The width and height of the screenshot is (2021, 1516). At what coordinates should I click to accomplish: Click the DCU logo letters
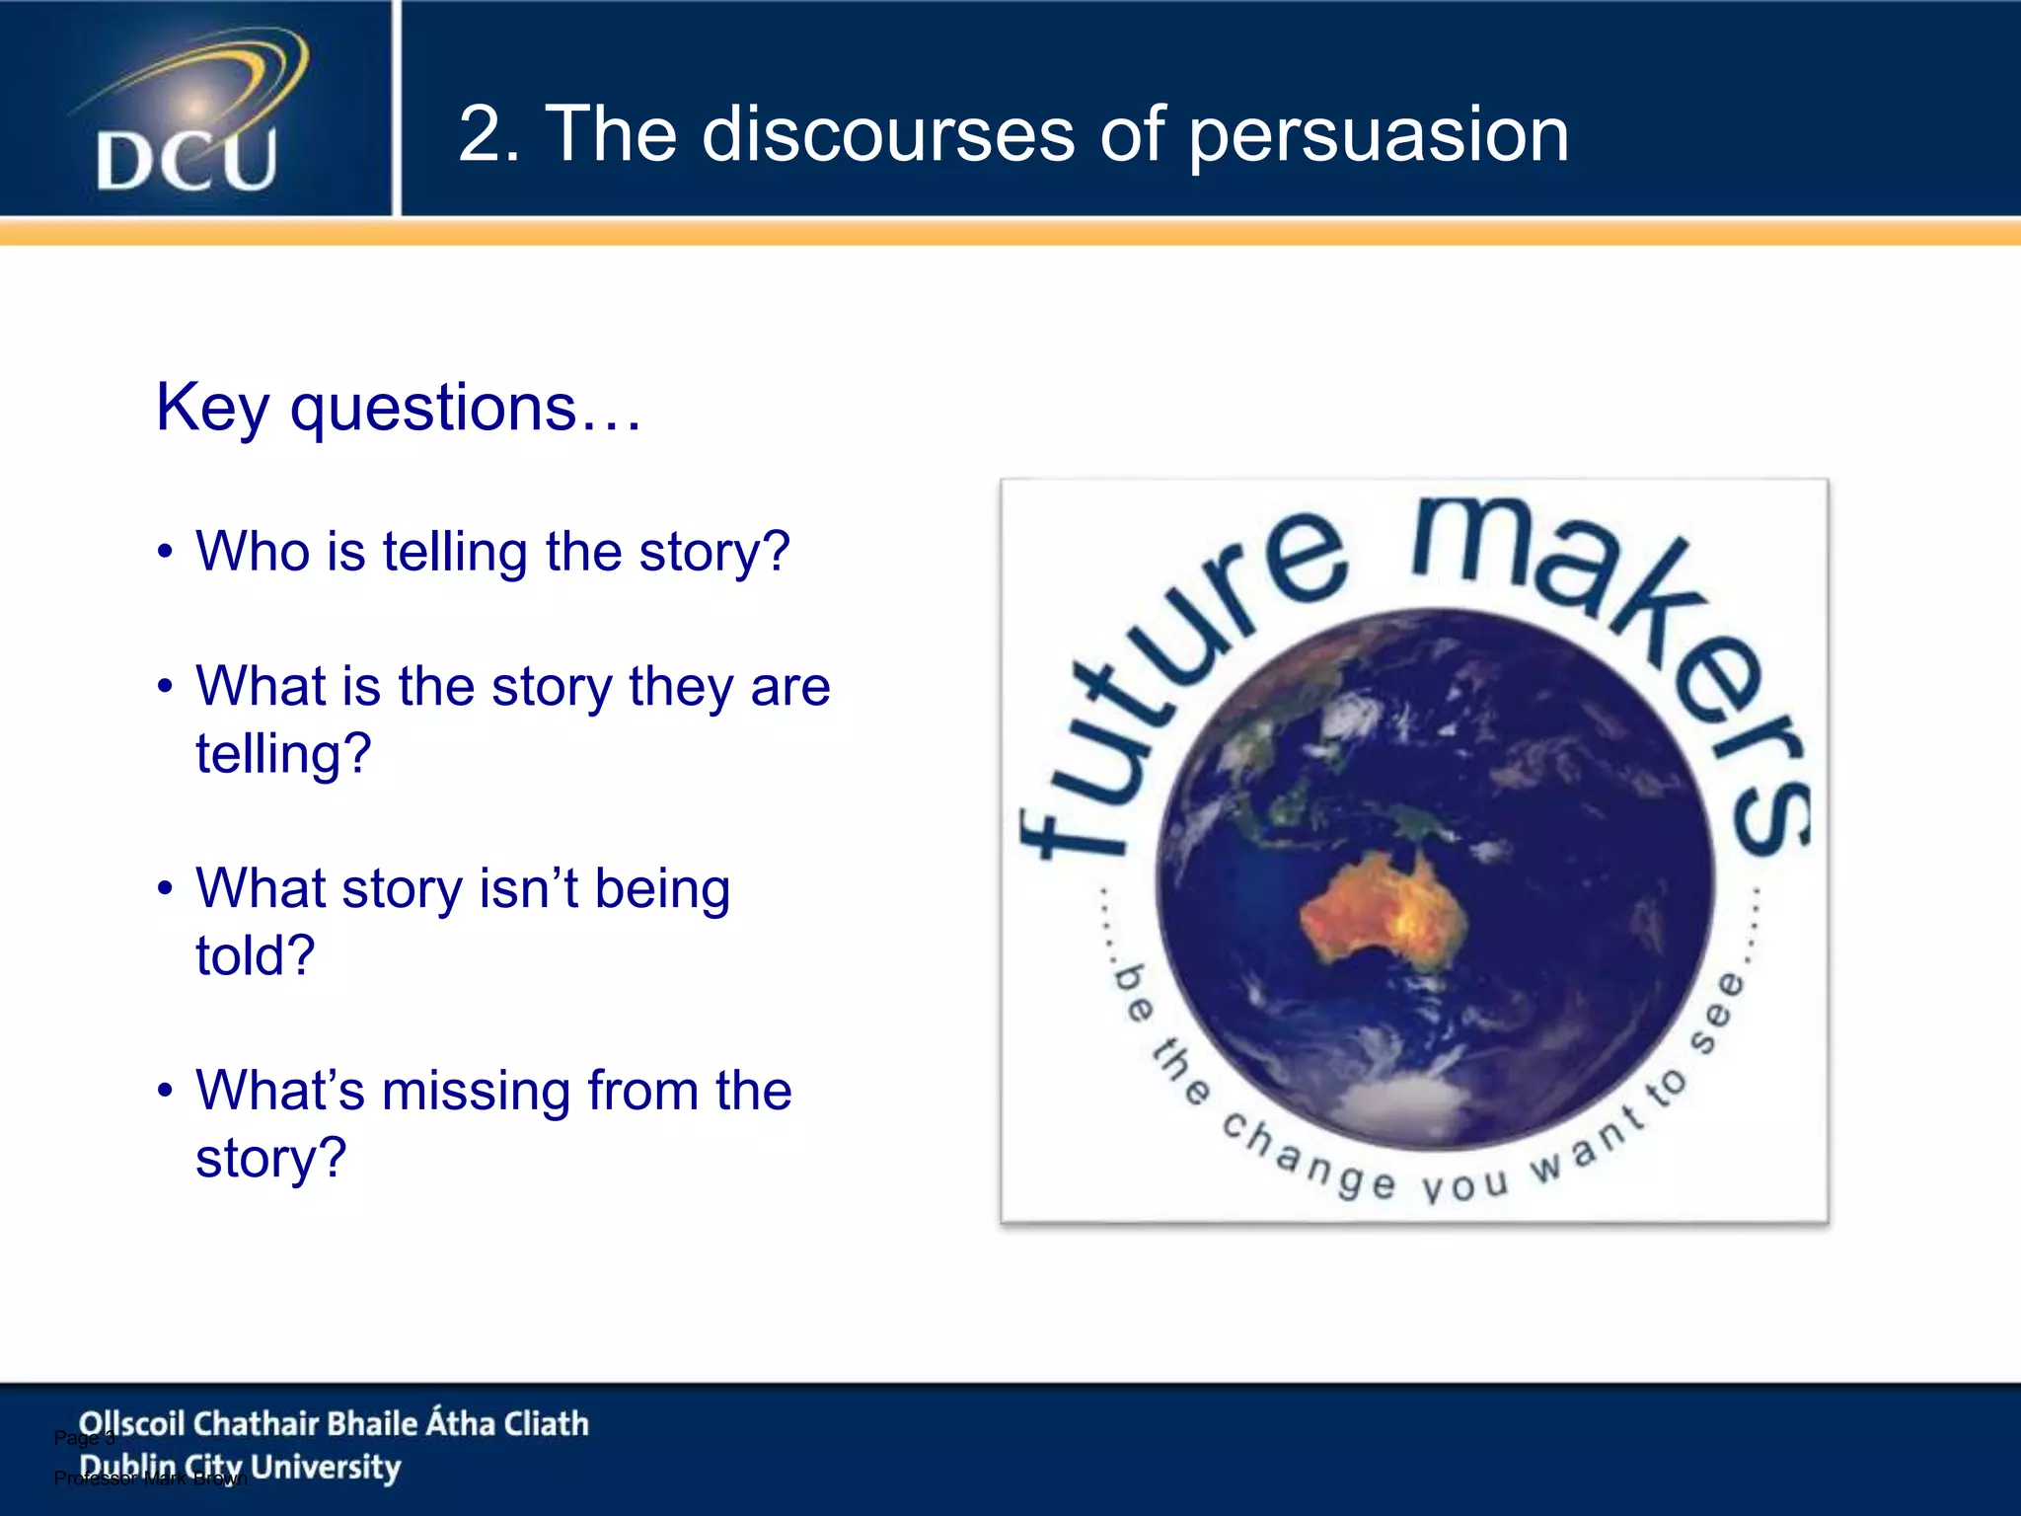(x=187, y=160)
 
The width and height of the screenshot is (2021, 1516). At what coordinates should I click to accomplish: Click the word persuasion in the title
(x=1378, y=135)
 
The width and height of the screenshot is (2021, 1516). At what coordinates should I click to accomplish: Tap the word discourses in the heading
(x=888, y=135)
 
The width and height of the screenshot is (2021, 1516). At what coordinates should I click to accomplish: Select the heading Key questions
(x=399, y=408)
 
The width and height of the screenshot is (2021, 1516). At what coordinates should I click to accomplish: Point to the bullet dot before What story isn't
(x=166, y=888)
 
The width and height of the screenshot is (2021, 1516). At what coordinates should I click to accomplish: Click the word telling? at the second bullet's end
(x=283, y=754)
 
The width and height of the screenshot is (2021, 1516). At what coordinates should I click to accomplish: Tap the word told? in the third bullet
(x=255, y=955)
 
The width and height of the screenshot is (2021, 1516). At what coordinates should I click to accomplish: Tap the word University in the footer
(x=326, y=1468)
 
